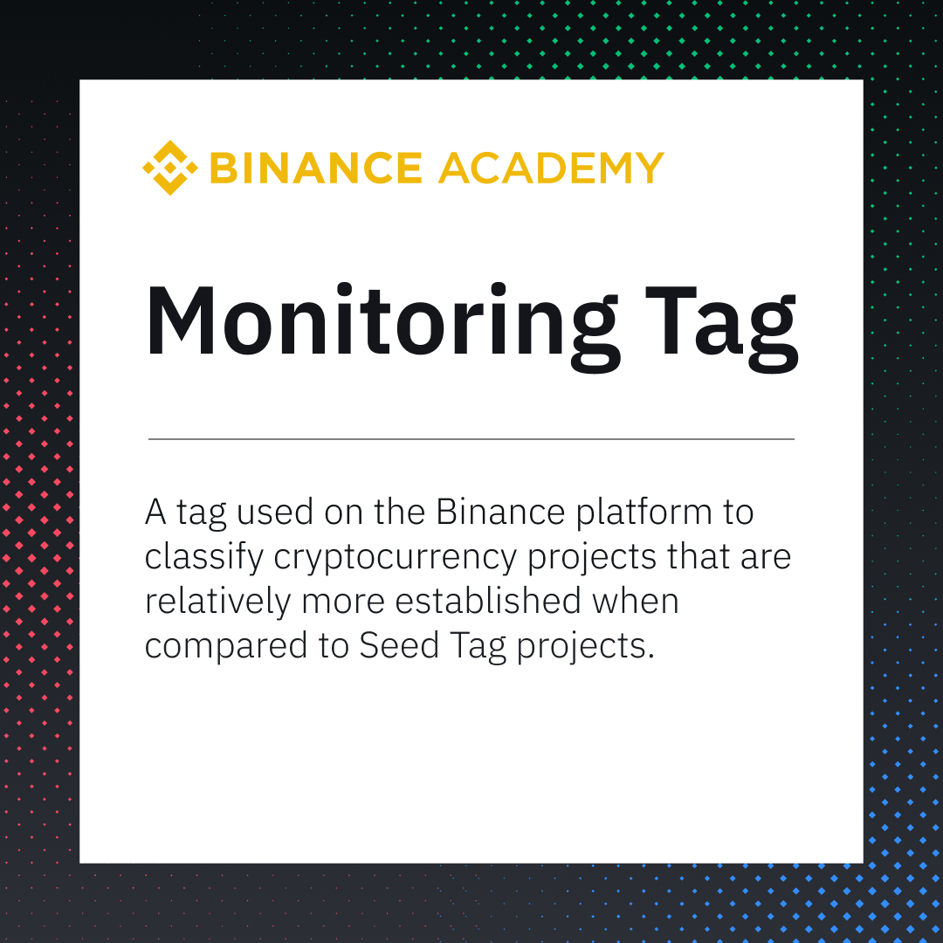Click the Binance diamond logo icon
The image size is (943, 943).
(170, 168)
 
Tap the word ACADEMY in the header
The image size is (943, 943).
(551, 168)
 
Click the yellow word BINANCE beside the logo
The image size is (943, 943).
(316, 168)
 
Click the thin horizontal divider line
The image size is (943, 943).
(471, 438)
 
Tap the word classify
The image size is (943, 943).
(203, 558)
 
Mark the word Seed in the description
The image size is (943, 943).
(390, 647)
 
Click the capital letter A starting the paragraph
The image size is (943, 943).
(155, 513)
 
